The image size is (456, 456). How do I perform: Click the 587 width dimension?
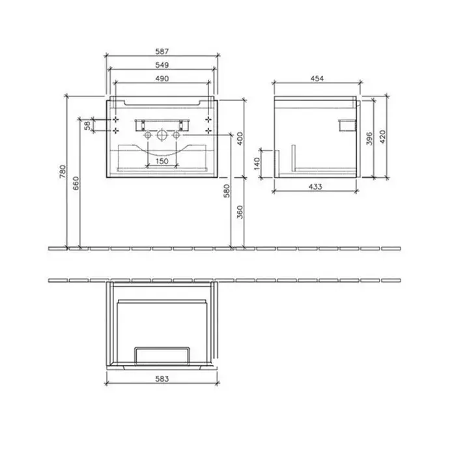162,51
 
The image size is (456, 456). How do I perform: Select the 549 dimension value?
162,65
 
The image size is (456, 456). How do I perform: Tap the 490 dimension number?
162,79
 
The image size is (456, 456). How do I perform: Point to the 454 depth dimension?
317,78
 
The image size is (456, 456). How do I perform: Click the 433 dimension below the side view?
315,186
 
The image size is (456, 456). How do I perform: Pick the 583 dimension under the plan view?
162,379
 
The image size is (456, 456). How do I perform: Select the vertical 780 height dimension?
63,171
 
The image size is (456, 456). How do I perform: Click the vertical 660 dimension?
76,183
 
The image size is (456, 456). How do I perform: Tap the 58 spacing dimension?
87,126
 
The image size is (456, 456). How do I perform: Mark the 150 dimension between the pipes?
162,161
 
